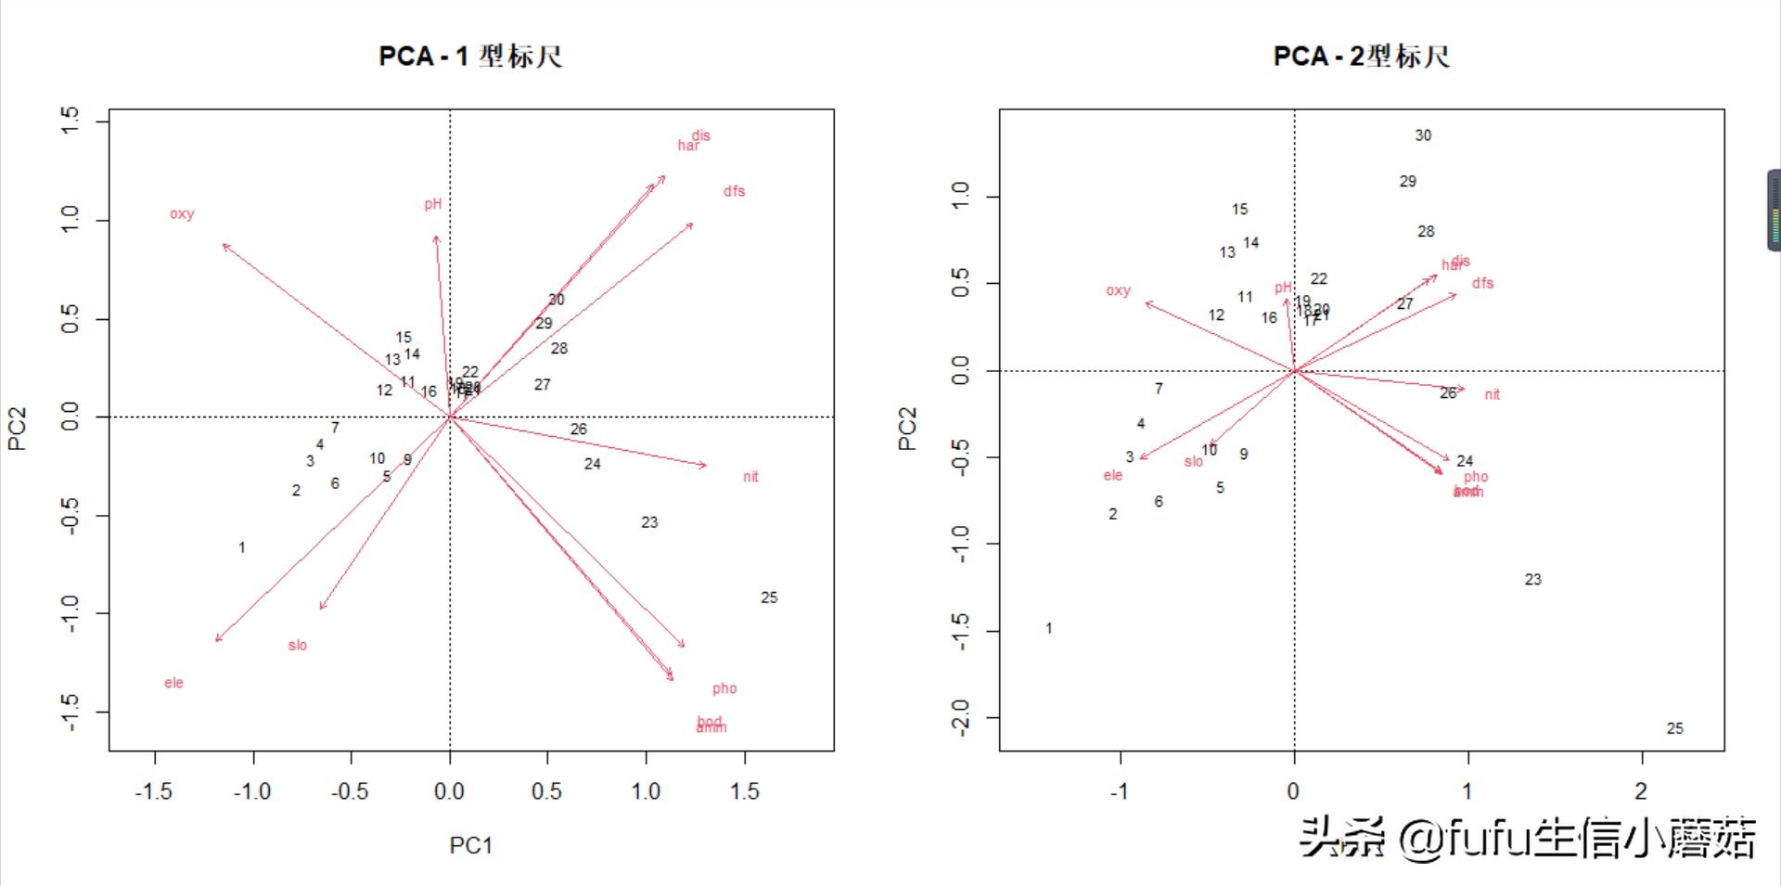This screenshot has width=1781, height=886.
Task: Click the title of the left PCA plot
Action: click(x=470, y=57)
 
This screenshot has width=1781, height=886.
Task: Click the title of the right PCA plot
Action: click(x=1361, y=57)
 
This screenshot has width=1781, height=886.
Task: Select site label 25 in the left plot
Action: click(x=769, y=597)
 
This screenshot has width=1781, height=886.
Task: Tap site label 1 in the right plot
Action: click(x=1049, y=629)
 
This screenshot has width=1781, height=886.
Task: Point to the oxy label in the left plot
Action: click(x=182, y=214)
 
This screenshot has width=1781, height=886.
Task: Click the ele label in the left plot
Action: click(x=174, y=683)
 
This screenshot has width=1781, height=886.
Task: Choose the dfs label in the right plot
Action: click(x=1482, y=283)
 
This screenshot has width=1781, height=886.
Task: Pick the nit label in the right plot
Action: click(x=1492, y=394)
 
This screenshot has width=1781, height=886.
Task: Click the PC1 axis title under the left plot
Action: click(x=470, y=845)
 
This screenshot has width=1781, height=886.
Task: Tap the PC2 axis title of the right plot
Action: click(x=907, y=429)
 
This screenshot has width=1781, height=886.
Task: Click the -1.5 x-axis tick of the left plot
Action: click(x=154, y=791)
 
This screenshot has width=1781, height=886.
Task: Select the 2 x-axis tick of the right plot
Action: click(x=1641, y=791)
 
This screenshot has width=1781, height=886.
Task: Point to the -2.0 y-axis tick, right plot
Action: click(x=961, y=717)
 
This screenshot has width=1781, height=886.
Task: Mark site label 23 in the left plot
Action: click(x=649, y=522)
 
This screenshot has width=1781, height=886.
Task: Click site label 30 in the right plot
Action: click(x=1423, y=135)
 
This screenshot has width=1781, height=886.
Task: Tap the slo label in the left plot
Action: click(x=297, y=646)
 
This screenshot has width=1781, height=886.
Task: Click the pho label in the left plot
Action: click(x=724, y=688)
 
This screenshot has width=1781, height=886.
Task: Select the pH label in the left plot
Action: click(x=433, y=204)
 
